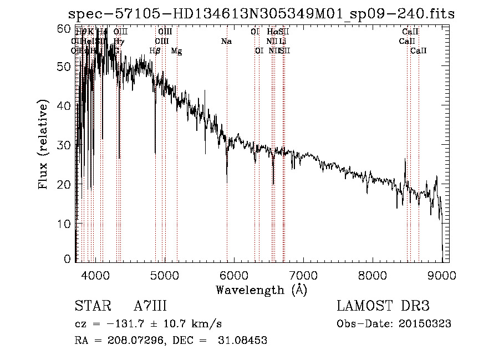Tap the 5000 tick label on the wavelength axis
click(165, 275)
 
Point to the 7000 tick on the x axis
click(303, 275)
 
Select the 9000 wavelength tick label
click(442, 275)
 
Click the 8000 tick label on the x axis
click(373, 275)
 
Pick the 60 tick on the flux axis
click(65, 28)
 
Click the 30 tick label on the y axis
click(65, 145)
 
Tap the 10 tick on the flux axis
click(65, 224)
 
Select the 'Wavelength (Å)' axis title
click(261, 290)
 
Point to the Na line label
click(226, 41)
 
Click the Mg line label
click(176, 51)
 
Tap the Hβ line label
click(155, 51)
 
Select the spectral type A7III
click(150, 307)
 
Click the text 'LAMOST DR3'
click(383, 307)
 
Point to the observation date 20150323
click(429, 324)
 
